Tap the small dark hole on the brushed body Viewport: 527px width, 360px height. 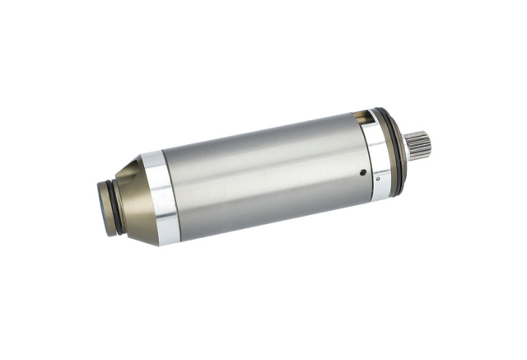[362, 173]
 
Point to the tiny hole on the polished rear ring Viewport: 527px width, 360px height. [377, 177]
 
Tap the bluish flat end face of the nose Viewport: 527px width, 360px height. [100, 208]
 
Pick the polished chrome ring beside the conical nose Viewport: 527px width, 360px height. [161, 198]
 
